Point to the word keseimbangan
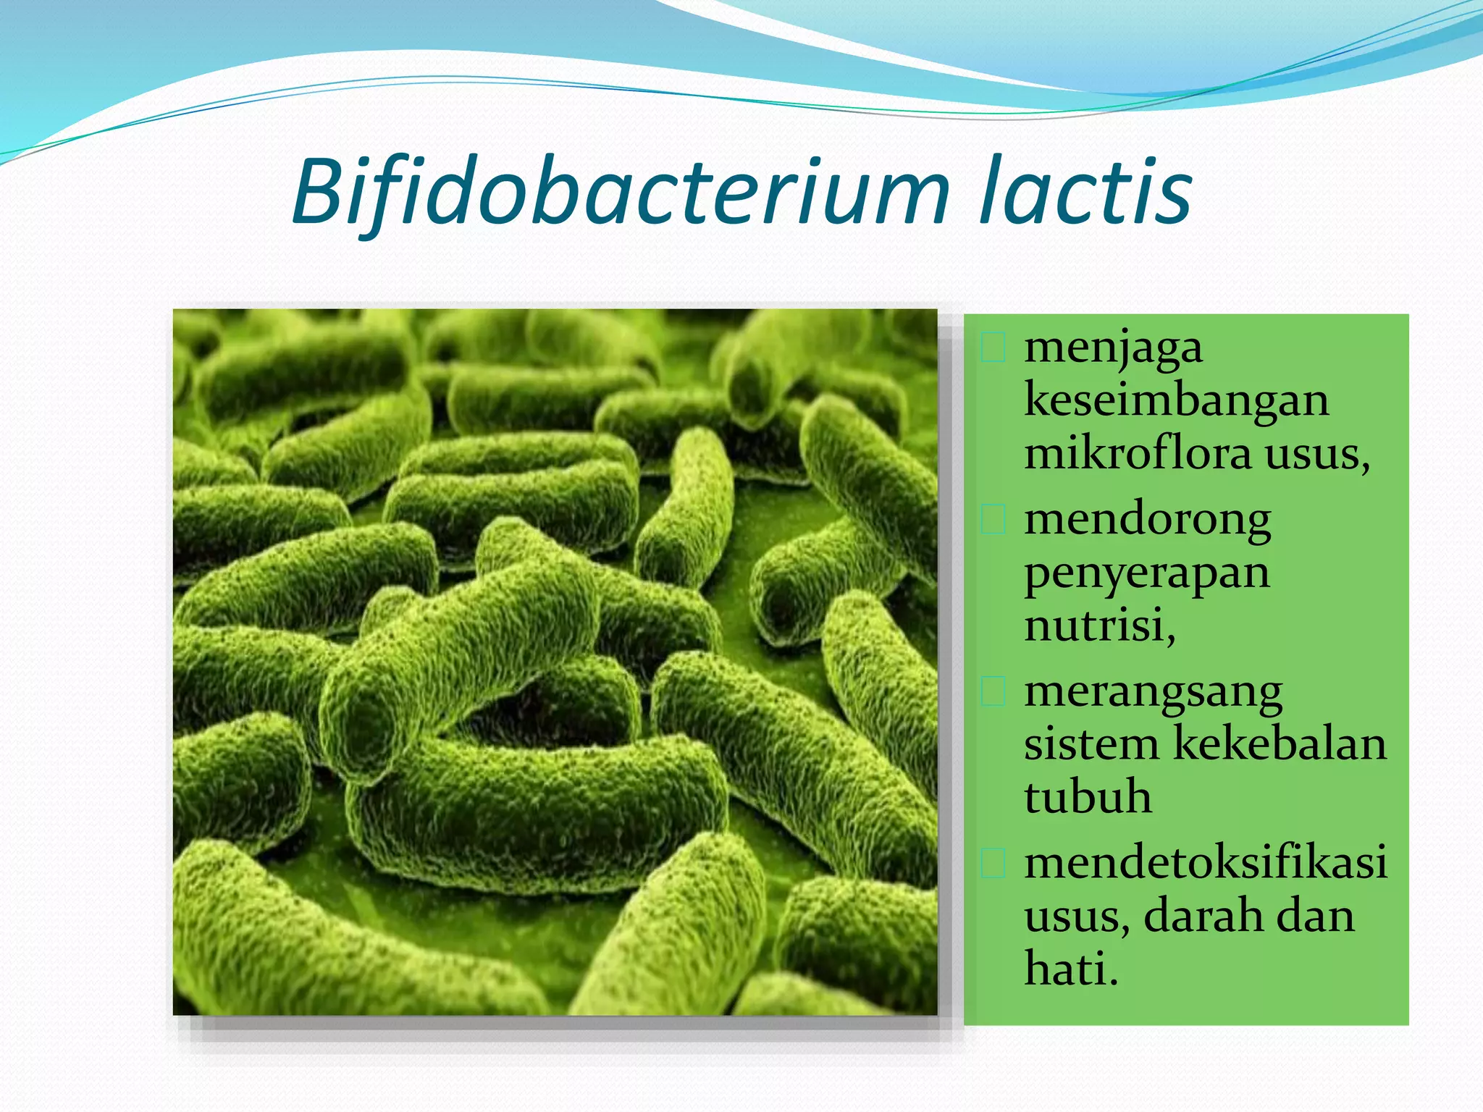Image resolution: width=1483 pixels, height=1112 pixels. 1177,400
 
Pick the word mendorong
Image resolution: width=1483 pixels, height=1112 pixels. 1148,521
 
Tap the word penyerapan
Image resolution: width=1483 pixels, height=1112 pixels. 1147,574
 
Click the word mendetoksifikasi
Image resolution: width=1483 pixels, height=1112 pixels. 1206,863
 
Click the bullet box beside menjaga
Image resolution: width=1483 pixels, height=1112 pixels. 993,348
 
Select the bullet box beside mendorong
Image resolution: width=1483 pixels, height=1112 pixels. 993,520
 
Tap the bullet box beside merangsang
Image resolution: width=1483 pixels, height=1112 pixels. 993,691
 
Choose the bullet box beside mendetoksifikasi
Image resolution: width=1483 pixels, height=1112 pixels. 993,863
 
